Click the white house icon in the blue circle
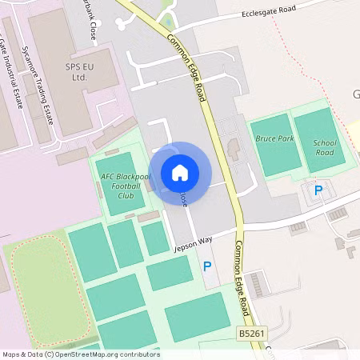pos(180,173)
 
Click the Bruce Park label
pos(274,138)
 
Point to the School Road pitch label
pos(324,147)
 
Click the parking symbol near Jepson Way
pos(207,266)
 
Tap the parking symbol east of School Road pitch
pos(318,190)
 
